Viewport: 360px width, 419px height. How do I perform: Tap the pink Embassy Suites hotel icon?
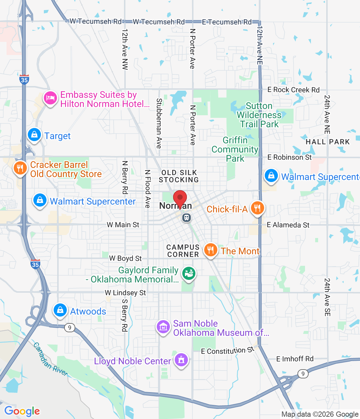pyautogui.click(x=50, y=98)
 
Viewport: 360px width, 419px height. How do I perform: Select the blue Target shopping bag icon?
pyautogui.click(x=34, y=135)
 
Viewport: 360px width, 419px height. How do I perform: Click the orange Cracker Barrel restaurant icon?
pyautogui.click(x=20, y=168)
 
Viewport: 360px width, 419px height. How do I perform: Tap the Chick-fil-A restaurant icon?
pyautogui.click(x=258, y=208)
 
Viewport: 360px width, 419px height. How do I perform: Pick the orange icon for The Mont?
pyautogui.click(x=210, y=250)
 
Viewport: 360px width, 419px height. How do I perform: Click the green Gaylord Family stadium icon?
pyautogui.click(x=189, y=274)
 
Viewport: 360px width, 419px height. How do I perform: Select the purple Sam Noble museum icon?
pyautogui.click(x=163, y=327)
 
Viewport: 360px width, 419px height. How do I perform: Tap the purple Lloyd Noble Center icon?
pyautogui.click(x=181, y=360)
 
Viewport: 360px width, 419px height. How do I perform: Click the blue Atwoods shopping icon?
pyautogui.click(x=60, y=310)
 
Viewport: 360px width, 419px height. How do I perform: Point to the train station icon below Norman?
pyautogui.click(x=187, y=217)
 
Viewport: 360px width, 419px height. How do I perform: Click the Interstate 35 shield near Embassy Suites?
pyautogui.click(x=24, y=79)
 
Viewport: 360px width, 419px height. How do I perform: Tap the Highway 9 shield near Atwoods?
pyautogui.click(x=69, y=327)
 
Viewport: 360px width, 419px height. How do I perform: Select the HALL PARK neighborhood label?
pyautogui.click(x=328, y=142)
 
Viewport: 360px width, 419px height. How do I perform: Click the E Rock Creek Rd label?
pyautogui.click(x=293, y=90)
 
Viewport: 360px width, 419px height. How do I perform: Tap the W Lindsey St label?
pyautogui.click(x=125, y=293)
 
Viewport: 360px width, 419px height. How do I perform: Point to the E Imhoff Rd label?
pyautogui.click(x=295, y=359)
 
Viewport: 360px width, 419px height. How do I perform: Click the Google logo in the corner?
pyautogui.click(x=22, y=411)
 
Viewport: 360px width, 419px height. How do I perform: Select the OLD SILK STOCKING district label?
pyautogui.click(x=179, y=176)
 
